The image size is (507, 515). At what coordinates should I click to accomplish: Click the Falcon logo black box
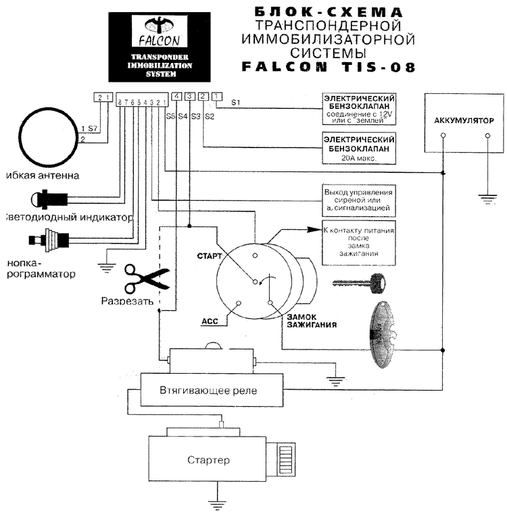(x=160, y=45)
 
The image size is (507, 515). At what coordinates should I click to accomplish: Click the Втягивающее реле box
(x=208, y=391)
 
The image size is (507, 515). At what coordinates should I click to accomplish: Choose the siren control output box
(x=358, y=201)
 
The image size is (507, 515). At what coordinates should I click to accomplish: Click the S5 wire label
(x=170, y=116)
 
